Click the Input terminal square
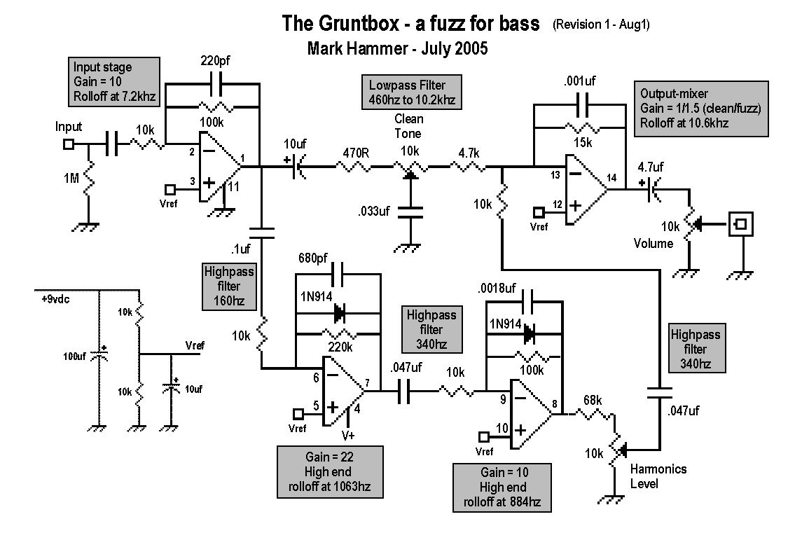pyautogui.click(x=69, y=145)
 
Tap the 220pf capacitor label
pyautogui.click(x=215, y=61)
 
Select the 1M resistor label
pyautogui.click(x=71, y=178)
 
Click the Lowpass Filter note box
pyautogui.click(x=412, y=92)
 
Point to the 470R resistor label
pyautogui.click(x=356, y=153)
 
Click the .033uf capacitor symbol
pyautogui.click(x=410, y=212)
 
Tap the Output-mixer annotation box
pyautogui.click(x=700, y=109)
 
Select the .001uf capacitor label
pyautogui.click(x=579, y=81)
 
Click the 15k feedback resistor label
pyautogui.click(x=583, y=143)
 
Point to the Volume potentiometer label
pyautogui.click(x=654, y=244)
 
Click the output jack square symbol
pyautogui.click(x=740, y=224)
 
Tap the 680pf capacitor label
pyautogui.click(x=313, y=258)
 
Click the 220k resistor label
pyautogui.click(x=340, y=347)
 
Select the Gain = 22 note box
pyautogui.click(x=330, y=471)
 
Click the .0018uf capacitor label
pyautogui.click(x=497, y=289)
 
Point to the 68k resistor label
pyautogui.click(x=593, y=400)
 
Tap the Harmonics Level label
pyautogui.click(x=658, y=476)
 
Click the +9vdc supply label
pyautogui.click(x=55, y=299)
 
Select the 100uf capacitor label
pyautogui.click(x=74, y=357)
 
